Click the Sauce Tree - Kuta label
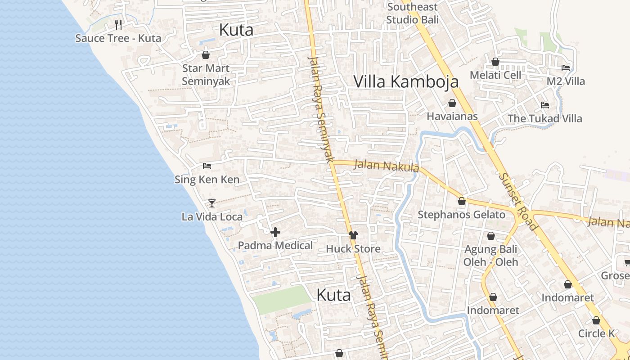pyautogui.click(x=118, y=38)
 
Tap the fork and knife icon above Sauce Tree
pyautogui.click(x=118, y=24)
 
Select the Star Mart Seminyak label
pyautogui.click(x=206, y=75)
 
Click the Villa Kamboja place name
pyautogui.click(x=406, y=81)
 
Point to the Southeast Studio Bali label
pyautogui.click(x=412, y=13)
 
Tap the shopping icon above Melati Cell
pyautogui.click(x=495, y=62)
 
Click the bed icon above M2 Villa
pyautogui.click(x=566, y=68)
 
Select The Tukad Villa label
pyautogui.click(x=544, y=119)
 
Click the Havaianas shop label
pyautogui.click(x=452, y=117)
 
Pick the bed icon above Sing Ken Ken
pyautogui.click(x=207, y=166)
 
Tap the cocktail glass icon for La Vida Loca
pyautogui.click(x=212, y=203)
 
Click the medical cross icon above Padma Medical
pyautogui.click(x=275, y=232)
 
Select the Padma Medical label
pyautogui.click(x=275, y=246)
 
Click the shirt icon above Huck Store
pyautogui.click(x=353, y=235)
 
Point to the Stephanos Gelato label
pyautogui.click(x=461, y=215)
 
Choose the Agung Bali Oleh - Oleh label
pyautogui.click(x=490, y=256)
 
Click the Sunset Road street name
pyautogui.click(x=518, y=201)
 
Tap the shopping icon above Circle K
pyautogui.click(x=596, y=321)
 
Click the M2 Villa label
pyautogui.click(x=566, y=81)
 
